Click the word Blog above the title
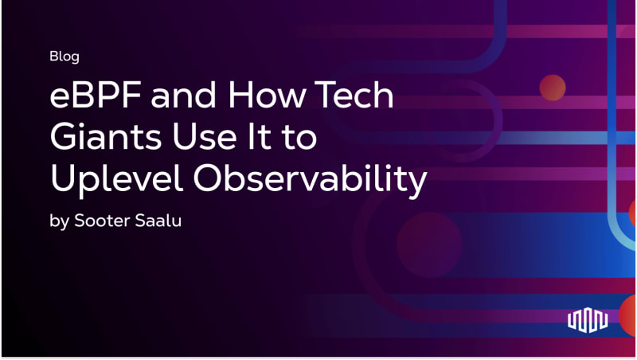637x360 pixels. click(x=64, y=57)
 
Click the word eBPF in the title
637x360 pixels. click(x=96, y=95)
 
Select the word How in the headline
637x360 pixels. click(x=267, y=95)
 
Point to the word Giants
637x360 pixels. click(x=106, y=136)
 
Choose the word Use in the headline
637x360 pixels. click(x=205, y=136)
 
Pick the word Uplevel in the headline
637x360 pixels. click(x=116, y=179)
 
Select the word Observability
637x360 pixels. click(x=311, y=179)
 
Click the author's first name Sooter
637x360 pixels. click(x=103, y=221)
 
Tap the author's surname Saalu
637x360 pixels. click(x=158, y=221)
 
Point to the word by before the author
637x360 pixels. click(x=59, y=221)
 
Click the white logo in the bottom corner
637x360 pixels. click(x=588, y=320)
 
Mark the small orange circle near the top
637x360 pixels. click(x=553, y=88)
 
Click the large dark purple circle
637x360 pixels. click(x=429, y=245)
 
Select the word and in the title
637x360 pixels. click(x=184, y=95)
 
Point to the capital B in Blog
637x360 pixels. click(x=54, y=56)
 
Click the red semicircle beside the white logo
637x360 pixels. click(x=627, y=315)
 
